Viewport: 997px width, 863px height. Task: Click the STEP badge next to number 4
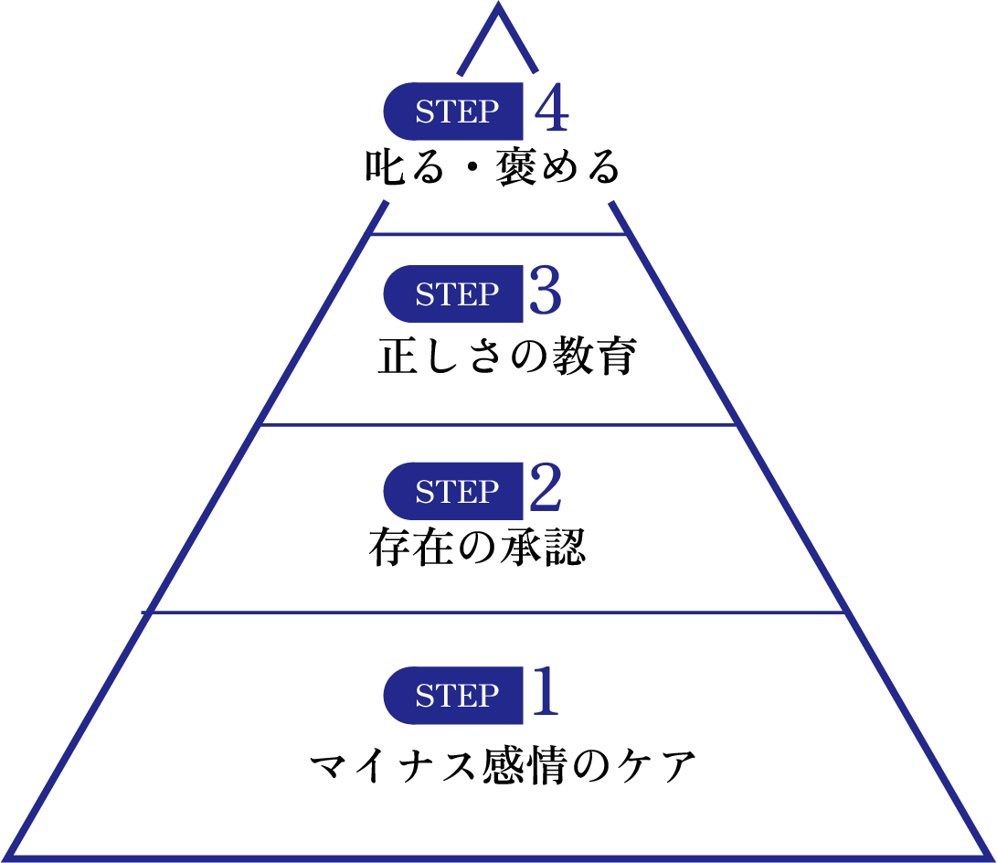point(454,112)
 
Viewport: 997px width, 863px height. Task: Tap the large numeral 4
point(552,111)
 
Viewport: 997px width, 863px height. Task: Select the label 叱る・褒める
point(493,169)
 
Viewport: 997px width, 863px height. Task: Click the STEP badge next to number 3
point(454,294)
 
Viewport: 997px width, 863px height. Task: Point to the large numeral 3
point(545,293)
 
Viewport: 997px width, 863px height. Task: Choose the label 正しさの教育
point(506,357)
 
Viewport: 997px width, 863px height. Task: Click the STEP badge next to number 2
point(454,492)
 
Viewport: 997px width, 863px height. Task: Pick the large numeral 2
point(545,491)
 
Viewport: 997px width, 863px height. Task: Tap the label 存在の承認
point(477,548)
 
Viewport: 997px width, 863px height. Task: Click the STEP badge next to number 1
point(454,696)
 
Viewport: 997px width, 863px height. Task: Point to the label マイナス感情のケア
point(502,766)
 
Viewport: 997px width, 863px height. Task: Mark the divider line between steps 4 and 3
point(498,234)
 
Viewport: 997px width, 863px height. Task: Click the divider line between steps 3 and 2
point(498,425)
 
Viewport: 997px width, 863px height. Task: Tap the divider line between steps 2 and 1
point(498,613)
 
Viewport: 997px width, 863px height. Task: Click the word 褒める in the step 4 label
point(557,169)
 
